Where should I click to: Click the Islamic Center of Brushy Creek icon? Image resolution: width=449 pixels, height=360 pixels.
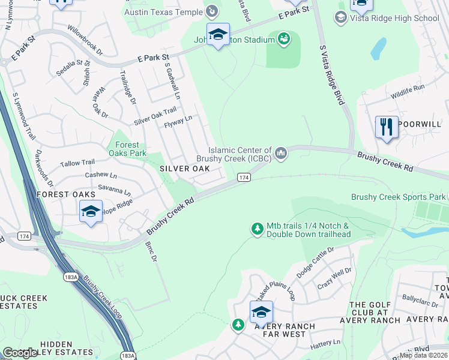pyautogui.click(x=280, y=155)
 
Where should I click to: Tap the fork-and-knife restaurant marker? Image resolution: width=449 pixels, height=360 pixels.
pyautogui.click(x=387, y=127)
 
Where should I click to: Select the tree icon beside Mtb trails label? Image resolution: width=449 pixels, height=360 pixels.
pyautogui.click(x=258, y=229)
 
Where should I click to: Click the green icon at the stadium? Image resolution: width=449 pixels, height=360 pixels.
pyautogui.click(x=284, y=40)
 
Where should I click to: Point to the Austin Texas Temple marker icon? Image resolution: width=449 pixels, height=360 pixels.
pyautogui.click(x=212, y=11)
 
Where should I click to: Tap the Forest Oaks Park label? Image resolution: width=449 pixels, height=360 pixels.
pyautogui.click(x=126, y=149)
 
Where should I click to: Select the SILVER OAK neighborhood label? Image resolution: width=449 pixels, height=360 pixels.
pyautogui.click(x=184, y=169)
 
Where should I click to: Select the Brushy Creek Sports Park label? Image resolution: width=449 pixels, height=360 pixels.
pyautogui.click(x=399, y=197)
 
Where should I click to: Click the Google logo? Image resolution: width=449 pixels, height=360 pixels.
pyautogui.click(x=20, y=353)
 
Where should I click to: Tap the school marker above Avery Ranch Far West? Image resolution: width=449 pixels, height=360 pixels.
pyautogui.click(x=261, y=313)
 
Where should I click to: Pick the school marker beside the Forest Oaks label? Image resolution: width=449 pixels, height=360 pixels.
pyautogui.click(x=91, y=212)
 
